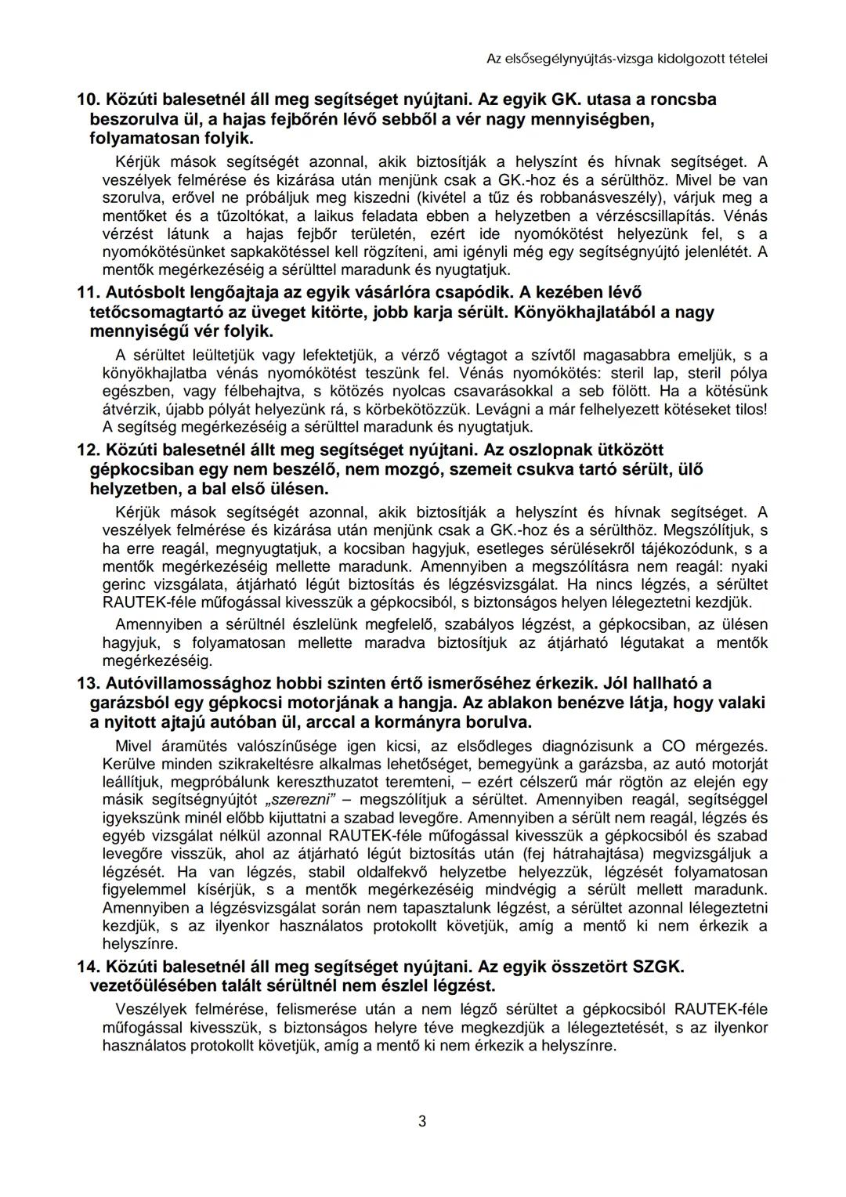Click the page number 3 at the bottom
[422, 1121]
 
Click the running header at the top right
[627, 58]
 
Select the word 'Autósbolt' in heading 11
[142, 292]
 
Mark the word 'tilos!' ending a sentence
[746, 409]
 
